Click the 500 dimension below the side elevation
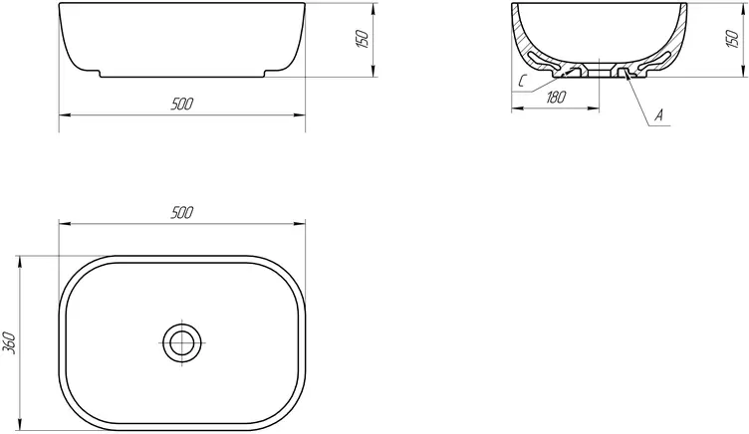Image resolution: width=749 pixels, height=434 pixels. (182, 104)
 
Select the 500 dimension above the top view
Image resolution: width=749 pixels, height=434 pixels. (182, 212)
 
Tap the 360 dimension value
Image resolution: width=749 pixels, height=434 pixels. (10, 342)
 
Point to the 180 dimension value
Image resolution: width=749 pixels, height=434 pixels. (556, 98)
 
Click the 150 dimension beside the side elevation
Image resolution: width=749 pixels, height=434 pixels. (363, 38)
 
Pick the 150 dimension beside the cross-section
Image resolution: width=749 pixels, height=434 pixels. (732, 38)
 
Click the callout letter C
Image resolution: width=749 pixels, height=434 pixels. (522, 82)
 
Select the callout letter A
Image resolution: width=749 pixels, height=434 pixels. (658, 115)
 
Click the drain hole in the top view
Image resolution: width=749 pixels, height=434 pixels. (182, 342)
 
